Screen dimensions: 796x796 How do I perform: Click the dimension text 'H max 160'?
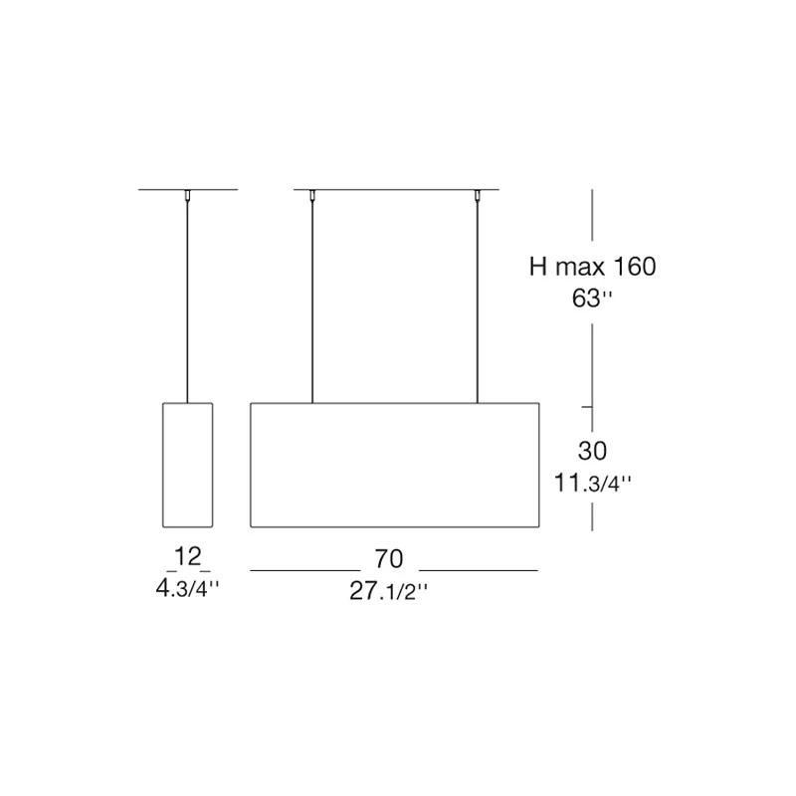tap(592, 267)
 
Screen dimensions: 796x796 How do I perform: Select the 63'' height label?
tap(592, 298)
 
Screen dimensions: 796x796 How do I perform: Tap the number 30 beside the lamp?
tap(592, 451)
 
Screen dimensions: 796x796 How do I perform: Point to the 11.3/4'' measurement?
tap(592, 483)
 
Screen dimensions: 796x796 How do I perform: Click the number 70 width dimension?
tap(389, 559)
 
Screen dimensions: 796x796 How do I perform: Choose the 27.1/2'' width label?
tap(389, 591)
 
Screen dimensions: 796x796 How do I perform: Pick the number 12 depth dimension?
tap(188, 556)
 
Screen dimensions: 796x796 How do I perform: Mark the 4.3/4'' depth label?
tap(188, 588)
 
